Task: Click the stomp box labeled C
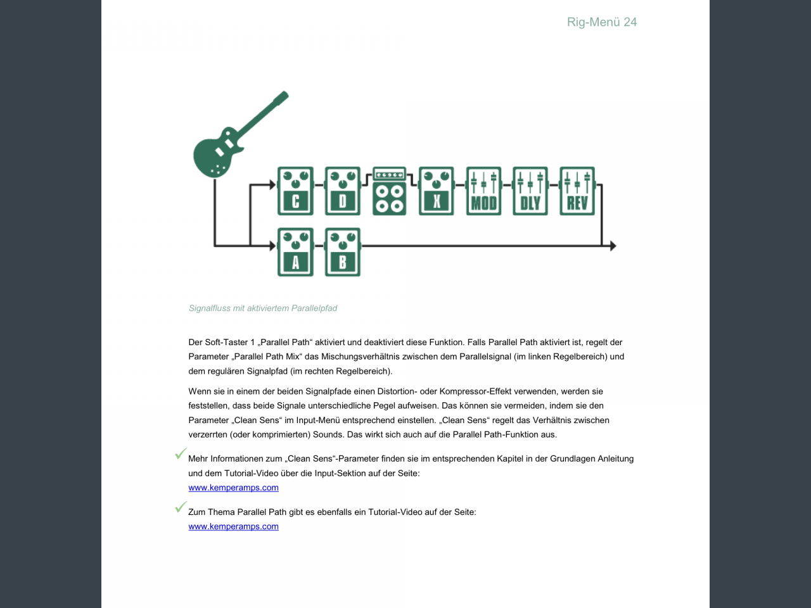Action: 295,191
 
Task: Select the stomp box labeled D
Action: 343,191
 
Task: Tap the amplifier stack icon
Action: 389,191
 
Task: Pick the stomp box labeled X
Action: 437,191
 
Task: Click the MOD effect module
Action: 483,191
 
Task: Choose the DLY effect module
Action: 530,191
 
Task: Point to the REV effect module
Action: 577,191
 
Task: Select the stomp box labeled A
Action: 295,252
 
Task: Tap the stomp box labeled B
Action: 343,252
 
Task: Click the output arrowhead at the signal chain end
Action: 613,246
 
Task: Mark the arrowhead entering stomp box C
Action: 273,185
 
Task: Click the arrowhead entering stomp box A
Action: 273,246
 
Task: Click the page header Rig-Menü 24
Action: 602,22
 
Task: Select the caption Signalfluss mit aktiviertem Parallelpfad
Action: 263,308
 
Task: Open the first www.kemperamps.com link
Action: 233,488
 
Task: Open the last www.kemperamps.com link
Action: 233,526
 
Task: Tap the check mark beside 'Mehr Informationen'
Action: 181,454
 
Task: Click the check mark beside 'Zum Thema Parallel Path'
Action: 181,507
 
